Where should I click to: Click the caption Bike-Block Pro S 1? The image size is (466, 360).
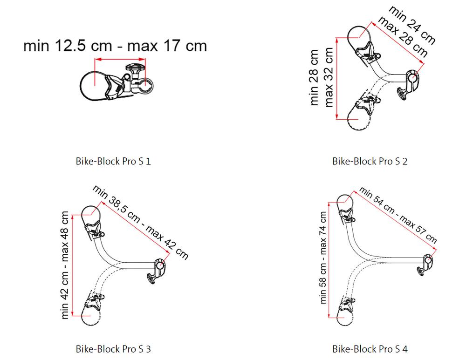click(113, 162)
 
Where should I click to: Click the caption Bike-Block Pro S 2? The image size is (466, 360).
click(370, 162)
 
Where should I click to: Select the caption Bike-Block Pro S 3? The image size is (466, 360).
click(113, 348)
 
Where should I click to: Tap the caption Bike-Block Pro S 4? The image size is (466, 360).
click(370, 348)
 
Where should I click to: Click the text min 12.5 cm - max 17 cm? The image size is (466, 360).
click(115, 47)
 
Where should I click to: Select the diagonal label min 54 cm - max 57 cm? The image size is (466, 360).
click(398, 215)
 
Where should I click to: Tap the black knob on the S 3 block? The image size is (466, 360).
click(151, 279)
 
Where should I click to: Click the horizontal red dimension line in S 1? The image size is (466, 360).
click(120, 59)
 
